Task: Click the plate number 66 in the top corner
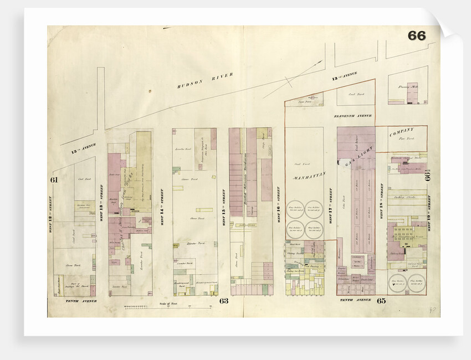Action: [x=416, y=35]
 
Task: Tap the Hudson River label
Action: [x=206, y=80]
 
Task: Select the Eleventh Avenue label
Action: [x=352, y=116]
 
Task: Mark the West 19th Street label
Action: [x=434, y=205]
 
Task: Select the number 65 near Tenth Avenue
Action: [x=381, y=301]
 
